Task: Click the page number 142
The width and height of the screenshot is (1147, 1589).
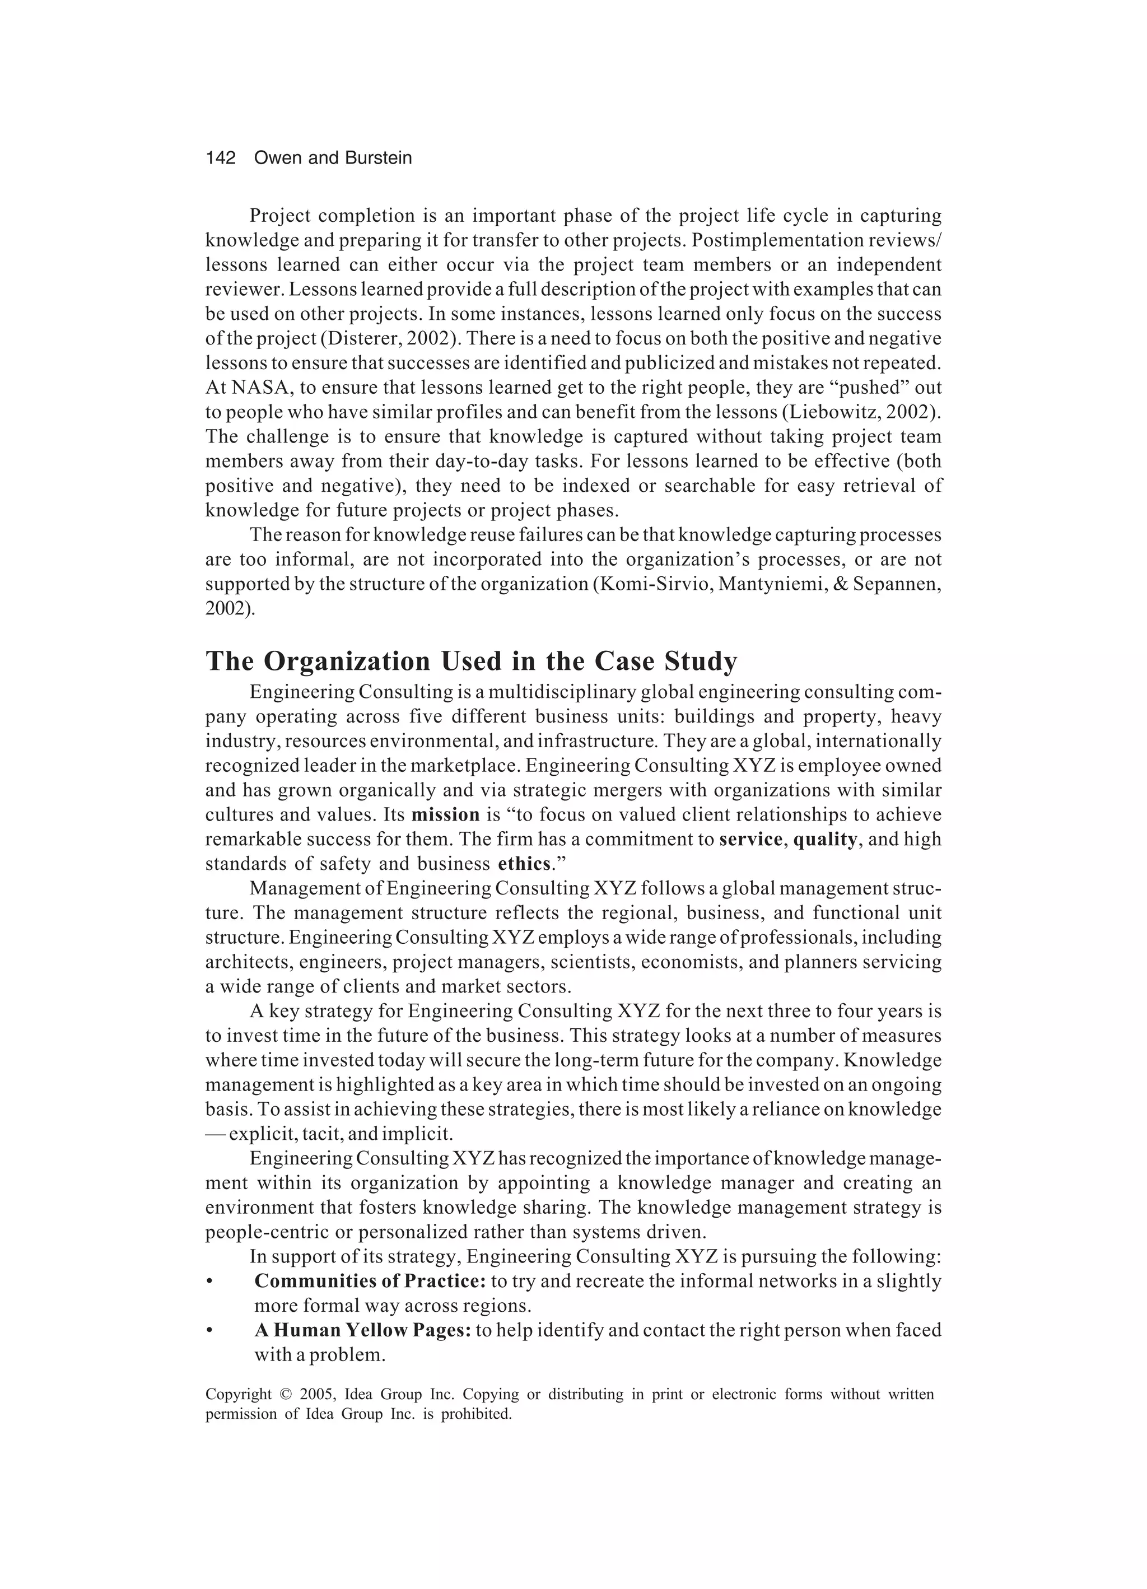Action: [x=221, y=159]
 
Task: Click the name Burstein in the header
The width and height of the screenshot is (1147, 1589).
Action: [x=379, y=159]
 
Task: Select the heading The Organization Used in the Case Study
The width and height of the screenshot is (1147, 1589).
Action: [x=471, y=661]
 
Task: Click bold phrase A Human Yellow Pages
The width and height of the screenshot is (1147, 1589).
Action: [x=362, y=1330]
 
